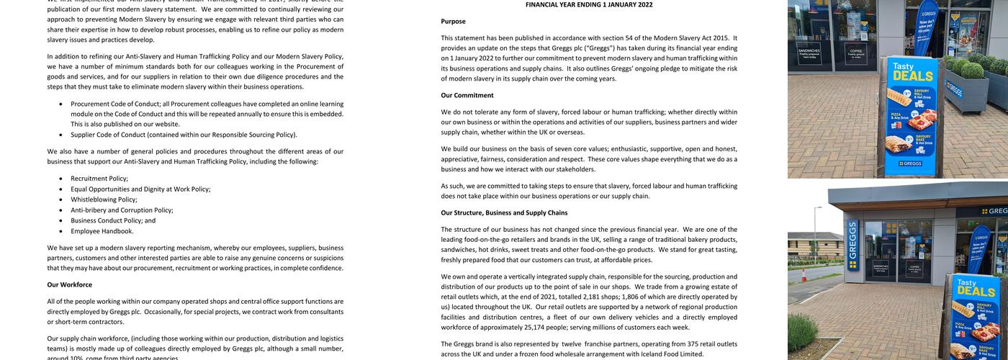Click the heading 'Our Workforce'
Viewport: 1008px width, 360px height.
(69, 284)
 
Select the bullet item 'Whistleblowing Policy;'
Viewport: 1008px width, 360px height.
(104, 199)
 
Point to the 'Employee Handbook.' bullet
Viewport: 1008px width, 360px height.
(102, 231)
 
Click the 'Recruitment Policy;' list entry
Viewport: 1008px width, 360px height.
(99, 179)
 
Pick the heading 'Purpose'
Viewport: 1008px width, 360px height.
(453, 22)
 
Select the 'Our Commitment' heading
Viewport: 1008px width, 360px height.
(467, 95)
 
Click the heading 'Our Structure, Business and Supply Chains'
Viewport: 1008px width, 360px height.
(504, 212)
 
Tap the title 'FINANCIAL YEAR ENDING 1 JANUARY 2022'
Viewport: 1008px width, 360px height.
(589, 4)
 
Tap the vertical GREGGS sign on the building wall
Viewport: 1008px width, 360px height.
(853, 245)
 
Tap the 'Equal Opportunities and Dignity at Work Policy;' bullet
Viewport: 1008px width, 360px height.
(140, 189)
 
